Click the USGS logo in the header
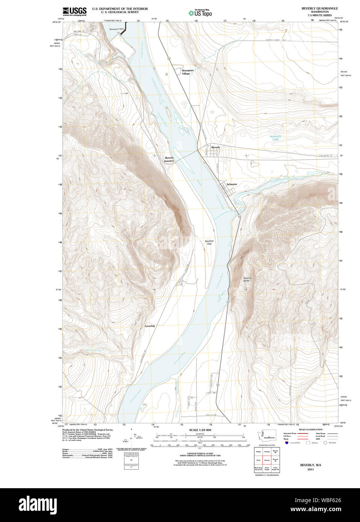click(74, 11)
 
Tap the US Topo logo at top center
click(200, 13)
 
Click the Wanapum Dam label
click(116, 29)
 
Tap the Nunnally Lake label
click(275, 138)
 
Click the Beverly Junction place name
click(169, 159)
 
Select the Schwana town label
click(232, 184)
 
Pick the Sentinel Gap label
click(209, 242)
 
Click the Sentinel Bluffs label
click(247, 279)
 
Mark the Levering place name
click(150, 326)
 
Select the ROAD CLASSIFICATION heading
click(310, 429)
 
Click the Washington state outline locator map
click(266, 436)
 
